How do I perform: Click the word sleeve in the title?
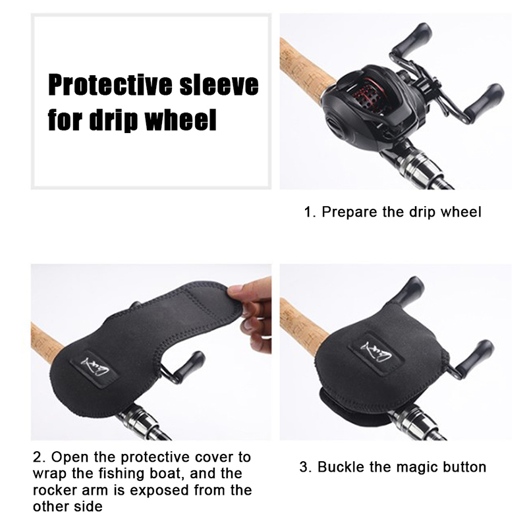219,84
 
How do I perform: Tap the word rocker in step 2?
53,490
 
